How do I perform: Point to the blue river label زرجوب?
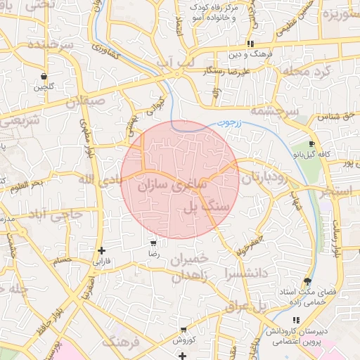point(227,123)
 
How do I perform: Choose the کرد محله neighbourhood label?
point(304,71)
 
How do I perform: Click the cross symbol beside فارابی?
point(102,250)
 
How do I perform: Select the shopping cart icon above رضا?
point(153,243)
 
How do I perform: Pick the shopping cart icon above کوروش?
point(184,330)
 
